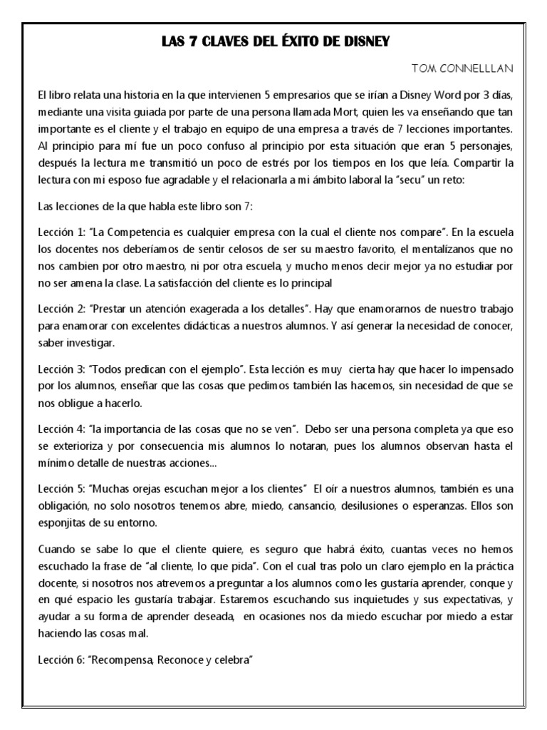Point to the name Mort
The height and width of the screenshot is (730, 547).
click(x=296, y=113)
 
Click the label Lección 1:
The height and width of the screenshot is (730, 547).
click(x=61, y=232)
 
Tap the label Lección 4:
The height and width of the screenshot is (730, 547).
click(x=61, y=428)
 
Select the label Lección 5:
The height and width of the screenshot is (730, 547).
click(x=61, y=488)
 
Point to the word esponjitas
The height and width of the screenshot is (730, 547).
click(x=64, y=522)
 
